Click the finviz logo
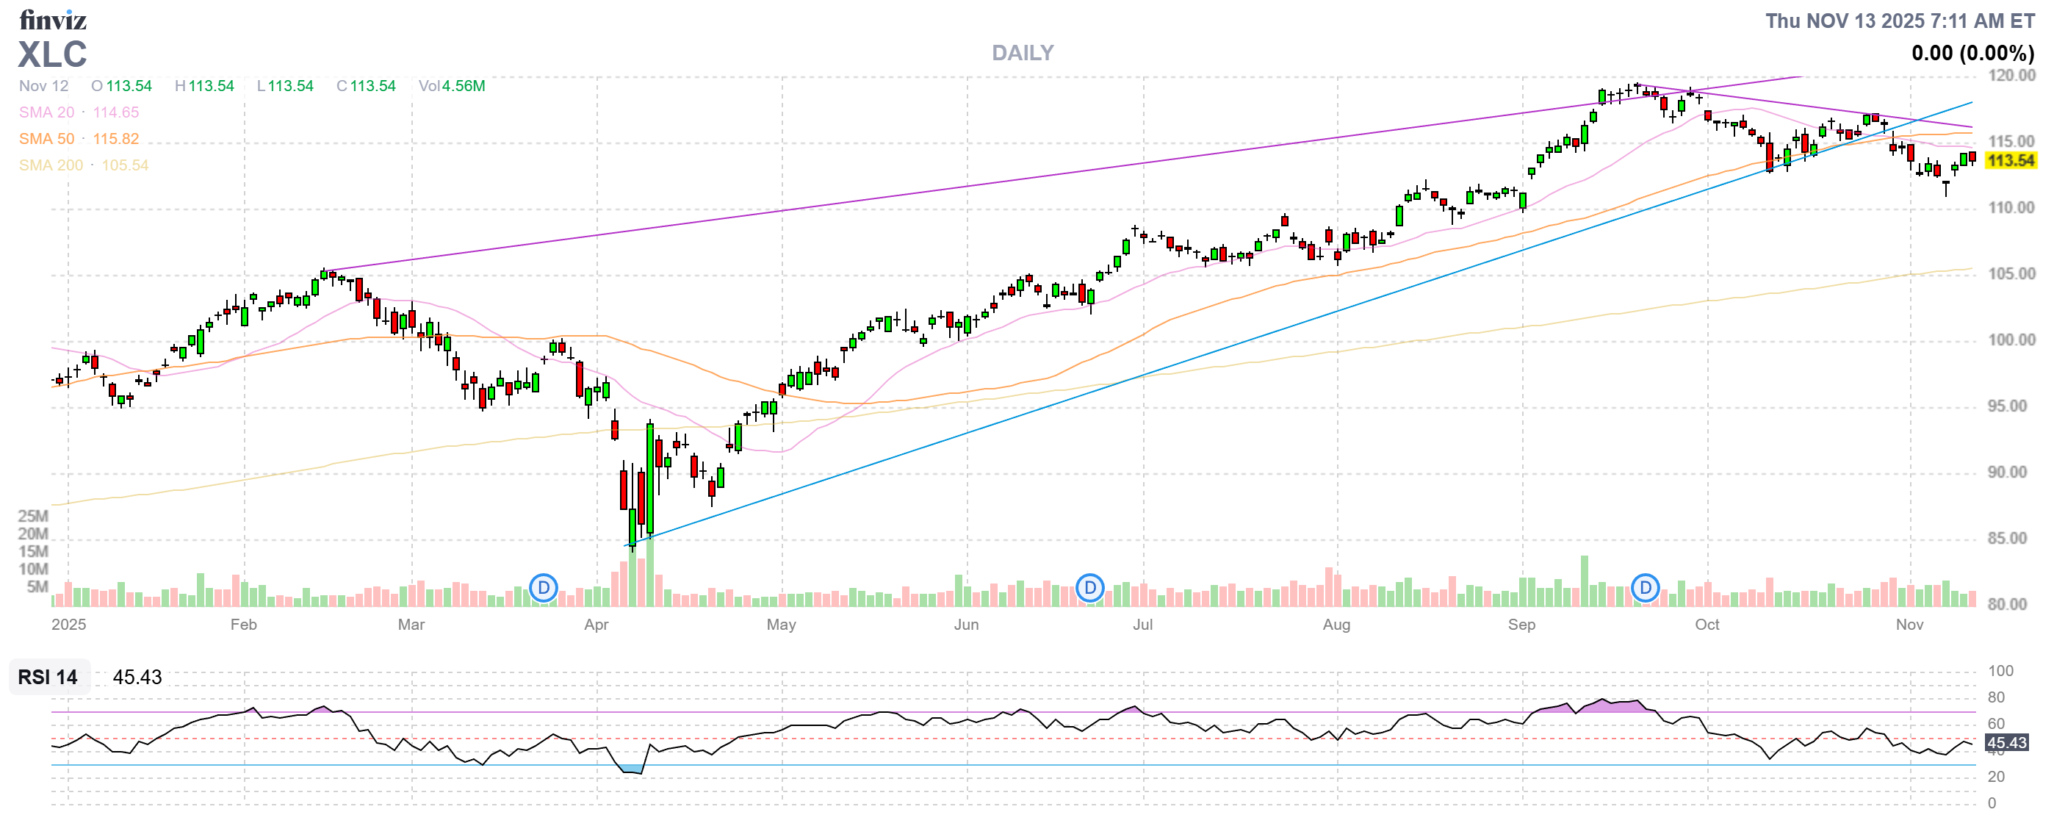tap(53, 19)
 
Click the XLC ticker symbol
tap(53, 54)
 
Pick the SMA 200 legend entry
tap(83, 165)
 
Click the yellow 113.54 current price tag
tap(2009, 160)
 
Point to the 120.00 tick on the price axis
tap(2011, 76)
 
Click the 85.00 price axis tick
tap(2011, 538)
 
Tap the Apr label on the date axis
tap(597, 625)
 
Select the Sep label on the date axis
tap(1521, 625)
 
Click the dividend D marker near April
tap(544, 589)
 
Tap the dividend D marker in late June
tap(1089, 589)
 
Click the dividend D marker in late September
tap(1645, 589)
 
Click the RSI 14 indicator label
tap(48, 677)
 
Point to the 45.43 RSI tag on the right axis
tap(2006, 742)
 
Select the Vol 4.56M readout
tap(452, 86)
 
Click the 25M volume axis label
tap(34, 516)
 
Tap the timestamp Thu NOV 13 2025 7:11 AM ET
tap(1899, 21)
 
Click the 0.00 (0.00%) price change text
tap(1972, 54)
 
